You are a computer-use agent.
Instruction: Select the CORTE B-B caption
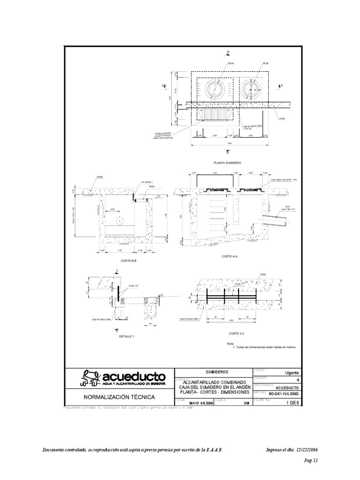pos(128,261)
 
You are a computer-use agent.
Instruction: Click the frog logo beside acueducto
pos(90,378)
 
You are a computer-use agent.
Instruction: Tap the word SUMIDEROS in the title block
pos(214,371)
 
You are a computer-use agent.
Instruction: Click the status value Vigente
pos(292,373)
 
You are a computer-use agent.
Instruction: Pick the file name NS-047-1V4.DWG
pos(283,394)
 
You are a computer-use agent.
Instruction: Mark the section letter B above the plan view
pos(228,52)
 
